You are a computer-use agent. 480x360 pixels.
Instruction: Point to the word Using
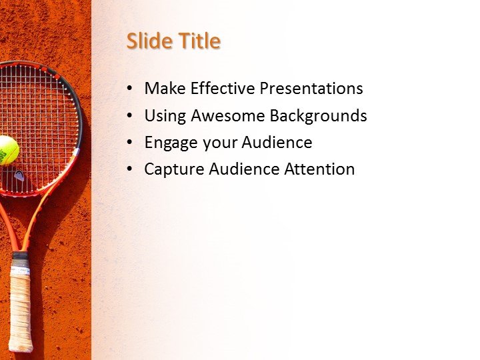pyautogui.click(x=165, y=116)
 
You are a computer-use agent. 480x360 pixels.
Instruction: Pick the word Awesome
pyautogui.click(x=228, y=116)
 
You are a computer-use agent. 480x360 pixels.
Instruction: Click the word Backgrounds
pyautogui.click(x=318, y=116)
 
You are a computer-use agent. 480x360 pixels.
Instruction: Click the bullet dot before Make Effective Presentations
pyautogui.click(x=129, y=89)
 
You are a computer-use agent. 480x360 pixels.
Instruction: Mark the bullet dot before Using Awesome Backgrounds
pyautogui.click(x=129, y=116)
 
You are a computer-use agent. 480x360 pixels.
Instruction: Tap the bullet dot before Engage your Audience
pyautogui.click(x=129, y=143)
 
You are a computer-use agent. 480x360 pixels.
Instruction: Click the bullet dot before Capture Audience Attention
pyautogui.click(x=129, y=170)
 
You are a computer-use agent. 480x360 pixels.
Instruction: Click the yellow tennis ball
pyautogui.click(x=7, y=150)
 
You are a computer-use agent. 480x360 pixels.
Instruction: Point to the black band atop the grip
pyautogui.click(x=20, y=255)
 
